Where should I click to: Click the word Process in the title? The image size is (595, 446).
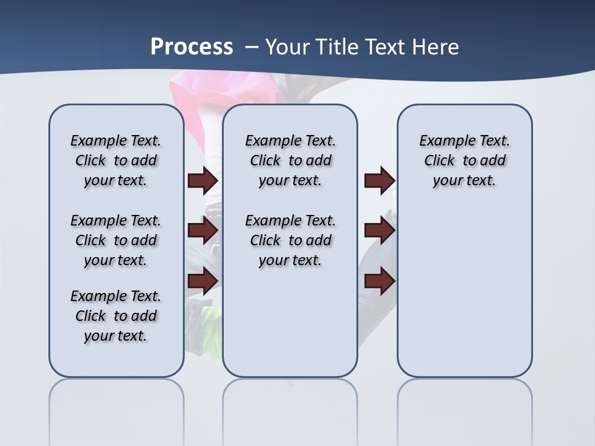[192, 47]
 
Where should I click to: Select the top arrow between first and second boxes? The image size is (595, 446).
[203, 181]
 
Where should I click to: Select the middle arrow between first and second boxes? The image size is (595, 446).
[203, 230]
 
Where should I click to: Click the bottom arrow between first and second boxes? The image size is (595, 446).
[203, 281]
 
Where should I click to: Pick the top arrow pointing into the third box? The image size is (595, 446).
[379, 181]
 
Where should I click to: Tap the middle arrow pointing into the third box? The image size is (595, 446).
[379, 230]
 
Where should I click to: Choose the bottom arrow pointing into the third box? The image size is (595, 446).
[379, 281]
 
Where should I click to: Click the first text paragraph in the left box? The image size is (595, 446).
[116, 160]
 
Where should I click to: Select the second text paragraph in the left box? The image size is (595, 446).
[116, 240]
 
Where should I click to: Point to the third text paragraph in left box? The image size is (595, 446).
[116, 316]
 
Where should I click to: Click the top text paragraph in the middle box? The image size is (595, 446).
[290, 160]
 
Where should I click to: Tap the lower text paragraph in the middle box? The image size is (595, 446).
[290, 240]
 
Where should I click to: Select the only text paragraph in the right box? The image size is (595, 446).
[464, 160]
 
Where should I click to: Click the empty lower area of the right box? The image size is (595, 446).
[464, 291]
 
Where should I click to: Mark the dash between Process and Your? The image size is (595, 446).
[252, 47]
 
